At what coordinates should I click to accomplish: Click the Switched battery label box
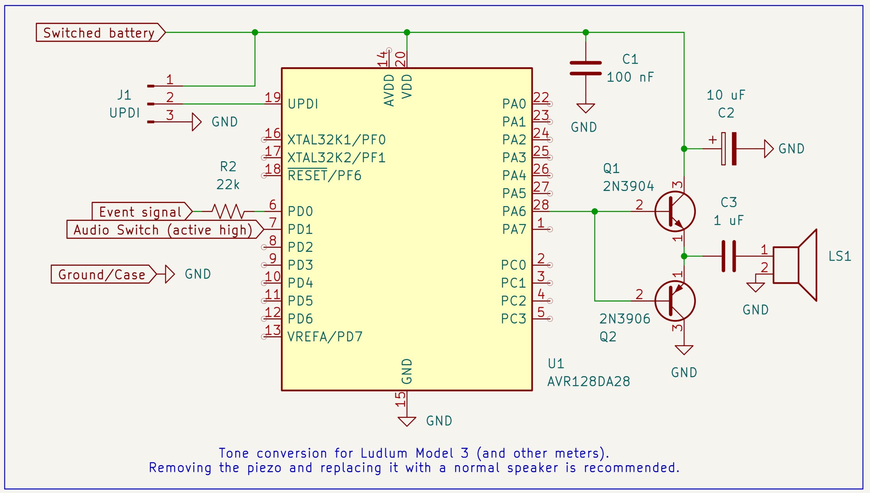point(99,33)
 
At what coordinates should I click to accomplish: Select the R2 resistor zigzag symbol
point(228,211)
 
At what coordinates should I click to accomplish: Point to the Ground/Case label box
point(103,274)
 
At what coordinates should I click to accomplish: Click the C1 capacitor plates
point(585,68)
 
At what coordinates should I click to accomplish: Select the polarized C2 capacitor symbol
point(729,149)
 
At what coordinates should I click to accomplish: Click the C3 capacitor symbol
point(729,256)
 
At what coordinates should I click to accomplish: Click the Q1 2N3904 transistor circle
point(674,211)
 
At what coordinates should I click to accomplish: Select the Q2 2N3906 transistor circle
point(674,301)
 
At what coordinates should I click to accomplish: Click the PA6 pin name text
point(514,211)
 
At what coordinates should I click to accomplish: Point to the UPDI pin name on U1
point(303,104)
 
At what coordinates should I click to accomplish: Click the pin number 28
point(541,205)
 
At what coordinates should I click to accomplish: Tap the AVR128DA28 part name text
point(589,382)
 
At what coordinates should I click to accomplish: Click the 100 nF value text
point(630,77)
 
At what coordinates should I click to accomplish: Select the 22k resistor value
point(228,185)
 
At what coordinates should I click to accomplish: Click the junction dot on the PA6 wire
point(595,211)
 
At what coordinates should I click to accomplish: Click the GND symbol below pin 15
point(407,421)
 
